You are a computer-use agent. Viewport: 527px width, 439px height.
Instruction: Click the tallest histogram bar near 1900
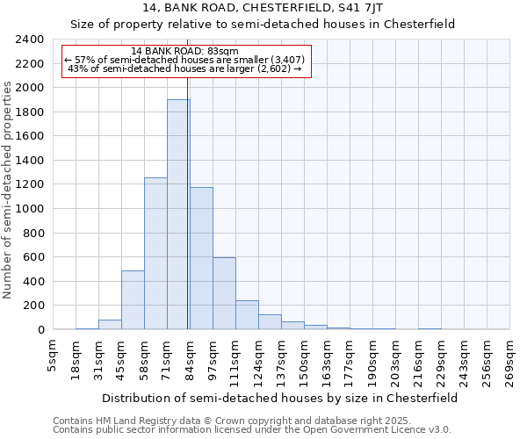tap(178, 214)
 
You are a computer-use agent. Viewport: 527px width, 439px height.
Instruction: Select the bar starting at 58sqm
tap(155, 254)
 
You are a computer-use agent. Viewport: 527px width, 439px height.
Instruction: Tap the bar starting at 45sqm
tap(133, 299)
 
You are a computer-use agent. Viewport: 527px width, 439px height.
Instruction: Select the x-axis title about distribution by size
tap(279, 398)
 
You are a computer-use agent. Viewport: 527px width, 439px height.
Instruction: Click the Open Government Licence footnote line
tap(252, 430)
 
